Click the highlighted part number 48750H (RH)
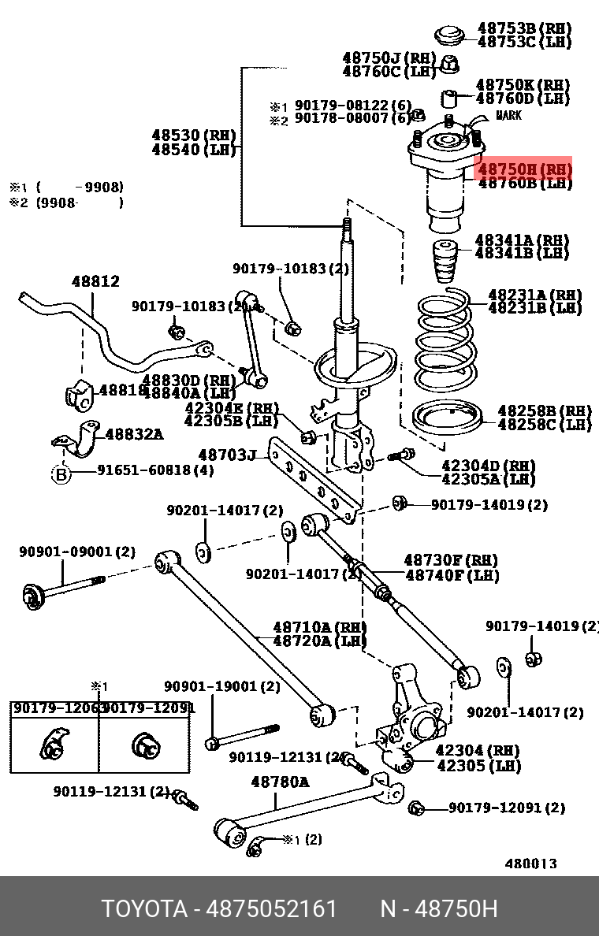(x=525, y=169)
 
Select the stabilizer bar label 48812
(x=95, y=281)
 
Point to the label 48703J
(x=227, y=455)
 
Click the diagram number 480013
(x=530, y=863)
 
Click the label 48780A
(x=280, y=782)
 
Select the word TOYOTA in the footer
(x=144, y=909)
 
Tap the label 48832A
(x=134, y=433)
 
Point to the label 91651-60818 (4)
(x=155, y=471)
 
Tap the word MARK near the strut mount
(x=508, y=116)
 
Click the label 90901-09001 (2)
(x=77, y=552)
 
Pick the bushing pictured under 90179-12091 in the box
(x=145, y=745)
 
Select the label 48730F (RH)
(x=452, y=560)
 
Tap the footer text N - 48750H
(x=438, y=909)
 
